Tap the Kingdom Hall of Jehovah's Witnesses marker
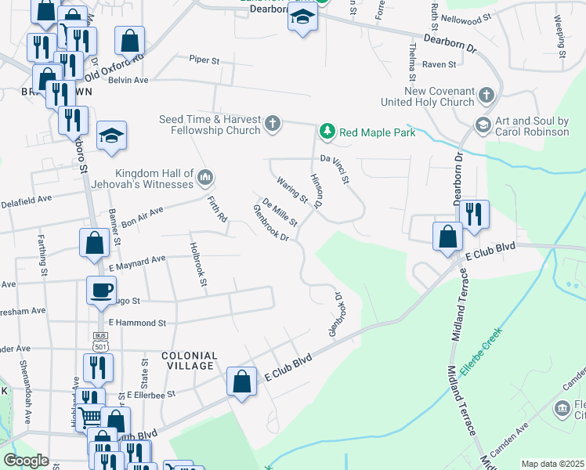tap(205, 178)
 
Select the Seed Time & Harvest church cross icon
tap(273, 124)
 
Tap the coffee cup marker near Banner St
tap(100, 290)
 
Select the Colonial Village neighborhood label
tap(188, 360)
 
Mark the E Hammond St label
tap(138, 323)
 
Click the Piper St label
tap(207, 59)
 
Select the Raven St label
tap(439, 65)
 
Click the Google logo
tap(26, 461)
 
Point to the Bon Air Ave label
tap(143, 212)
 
